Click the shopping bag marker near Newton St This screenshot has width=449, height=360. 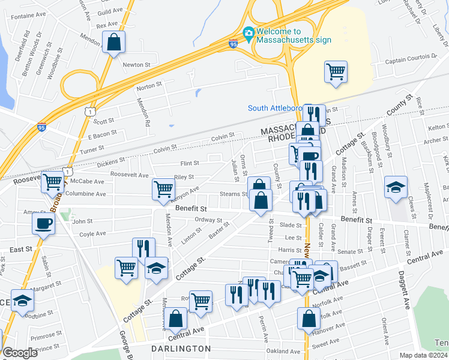click(113, 43)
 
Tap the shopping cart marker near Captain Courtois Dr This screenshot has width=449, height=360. click(336, 73)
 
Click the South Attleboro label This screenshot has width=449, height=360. click(275, 108)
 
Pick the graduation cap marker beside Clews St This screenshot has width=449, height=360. click(396, 187)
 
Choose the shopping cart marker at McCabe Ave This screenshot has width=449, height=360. click(53, 181)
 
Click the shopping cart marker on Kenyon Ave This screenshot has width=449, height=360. click(163, 189)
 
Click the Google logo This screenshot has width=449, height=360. click(20, 353)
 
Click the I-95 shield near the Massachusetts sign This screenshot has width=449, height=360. click(233, 44)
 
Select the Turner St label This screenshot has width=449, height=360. click(92, 148)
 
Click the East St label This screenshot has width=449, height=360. click(20, 249)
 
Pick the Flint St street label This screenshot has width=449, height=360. click(190, 163)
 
